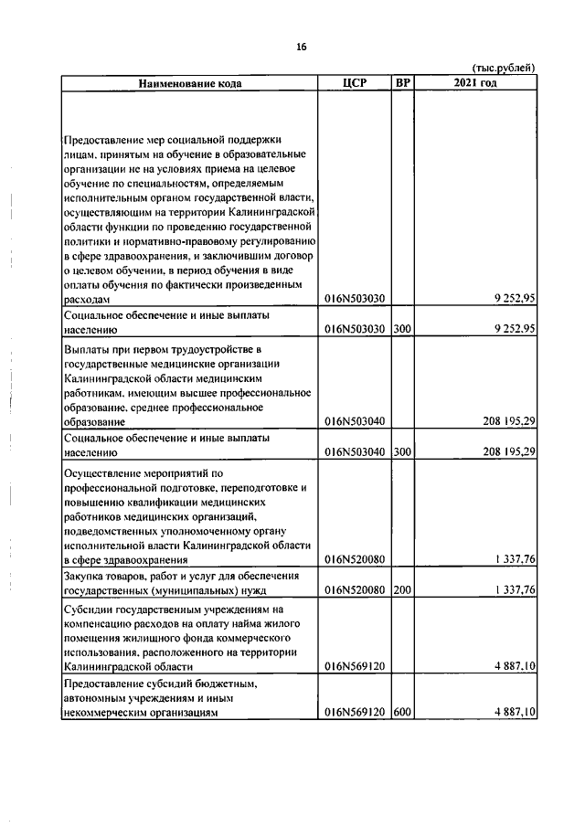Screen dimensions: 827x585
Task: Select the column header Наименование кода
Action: (191, 84)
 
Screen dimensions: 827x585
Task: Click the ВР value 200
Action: (402, 589)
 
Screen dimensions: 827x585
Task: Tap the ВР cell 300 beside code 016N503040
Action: (402, 451)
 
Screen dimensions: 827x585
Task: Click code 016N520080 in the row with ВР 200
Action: (356, 589)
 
